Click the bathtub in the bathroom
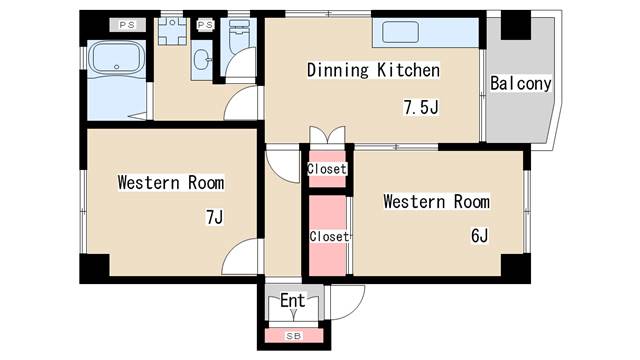117,58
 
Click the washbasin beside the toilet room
201,60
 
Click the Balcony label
520,83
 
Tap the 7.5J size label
421,107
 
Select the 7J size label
214,217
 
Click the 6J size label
479,236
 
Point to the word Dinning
338,70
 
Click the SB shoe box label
293,336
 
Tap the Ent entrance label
293,301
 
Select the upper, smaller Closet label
327,169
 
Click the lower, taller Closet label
329,236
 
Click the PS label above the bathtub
127,25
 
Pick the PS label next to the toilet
205,25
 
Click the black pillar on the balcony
516,25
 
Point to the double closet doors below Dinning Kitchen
327,135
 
